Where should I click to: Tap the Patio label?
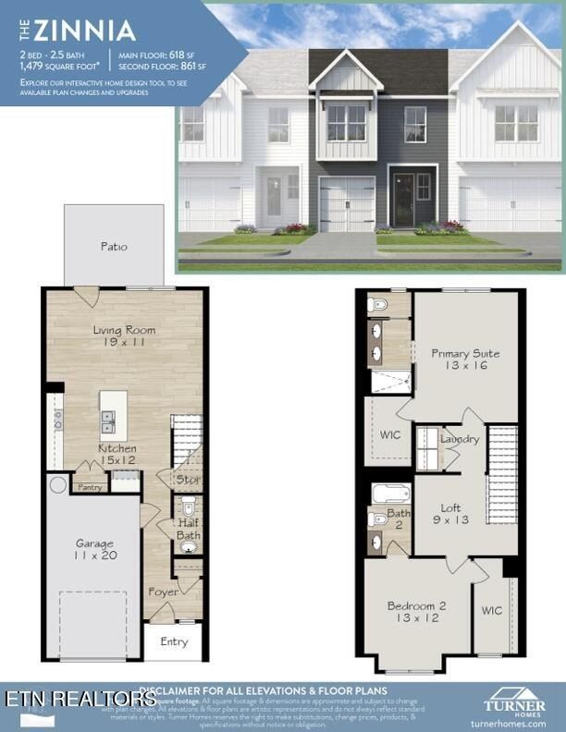114,247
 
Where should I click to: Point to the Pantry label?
90,487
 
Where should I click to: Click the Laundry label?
461,439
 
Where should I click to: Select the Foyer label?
165,592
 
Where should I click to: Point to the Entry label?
174,641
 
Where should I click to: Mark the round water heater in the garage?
58,484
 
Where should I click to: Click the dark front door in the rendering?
402,198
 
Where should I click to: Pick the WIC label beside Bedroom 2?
491,611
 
